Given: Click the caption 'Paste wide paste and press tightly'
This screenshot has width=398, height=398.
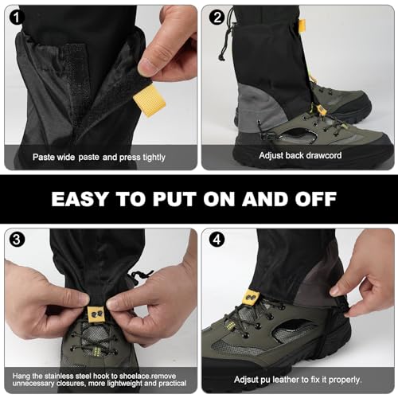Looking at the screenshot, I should click(99, 157).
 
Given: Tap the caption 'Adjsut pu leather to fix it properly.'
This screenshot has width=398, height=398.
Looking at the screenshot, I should click(298, 380).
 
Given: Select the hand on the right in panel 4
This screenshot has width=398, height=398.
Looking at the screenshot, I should click(362, 271).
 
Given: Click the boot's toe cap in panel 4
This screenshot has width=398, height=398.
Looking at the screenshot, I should click(227, 350).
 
